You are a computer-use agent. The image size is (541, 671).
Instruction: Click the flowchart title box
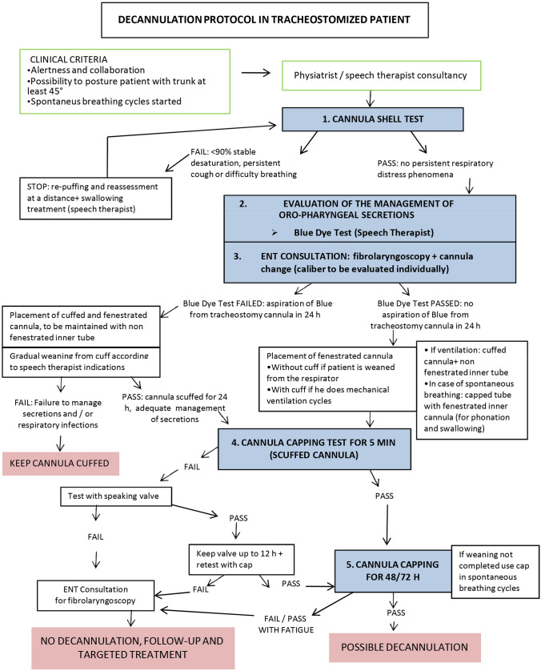coord(265,20)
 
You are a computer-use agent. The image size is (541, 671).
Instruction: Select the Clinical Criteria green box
coord(125,82)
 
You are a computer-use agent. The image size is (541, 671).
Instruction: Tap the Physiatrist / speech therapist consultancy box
coord(382,76)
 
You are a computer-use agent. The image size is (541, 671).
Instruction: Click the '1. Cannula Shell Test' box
coord(372,119)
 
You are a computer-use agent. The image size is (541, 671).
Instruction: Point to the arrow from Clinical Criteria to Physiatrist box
coord(256,73)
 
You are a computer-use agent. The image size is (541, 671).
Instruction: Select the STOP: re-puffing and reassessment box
coord(96,198)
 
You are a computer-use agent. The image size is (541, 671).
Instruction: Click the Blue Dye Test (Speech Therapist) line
coord(363,232)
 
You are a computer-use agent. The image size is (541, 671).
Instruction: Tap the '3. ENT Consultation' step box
coord(370,263)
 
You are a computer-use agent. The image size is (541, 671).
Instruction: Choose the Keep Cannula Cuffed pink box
coord(60,464)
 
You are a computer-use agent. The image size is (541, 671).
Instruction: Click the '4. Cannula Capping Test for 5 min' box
coord(315,449)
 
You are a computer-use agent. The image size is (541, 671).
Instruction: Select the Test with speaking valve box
coord(116,496)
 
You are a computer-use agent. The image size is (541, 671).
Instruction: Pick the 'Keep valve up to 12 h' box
coord(242,560)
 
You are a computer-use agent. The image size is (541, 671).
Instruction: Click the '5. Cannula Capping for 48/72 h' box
coord(393,571)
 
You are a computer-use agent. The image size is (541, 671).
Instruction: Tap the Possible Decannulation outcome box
coord(405,647)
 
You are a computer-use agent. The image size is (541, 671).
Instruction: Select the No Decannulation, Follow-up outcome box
coord(133,648)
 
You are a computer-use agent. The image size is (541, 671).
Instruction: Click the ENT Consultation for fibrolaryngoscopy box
coord(95,595)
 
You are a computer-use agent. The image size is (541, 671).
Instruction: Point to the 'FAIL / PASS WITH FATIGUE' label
coord(287,625)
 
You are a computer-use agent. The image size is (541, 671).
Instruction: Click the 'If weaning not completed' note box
coord(495,571)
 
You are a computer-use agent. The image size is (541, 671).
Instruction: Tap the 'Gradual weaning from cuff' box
coord(82,362)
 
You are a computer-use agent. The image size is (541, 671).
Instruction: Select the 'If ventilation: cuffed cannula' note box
coord(471,390)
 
